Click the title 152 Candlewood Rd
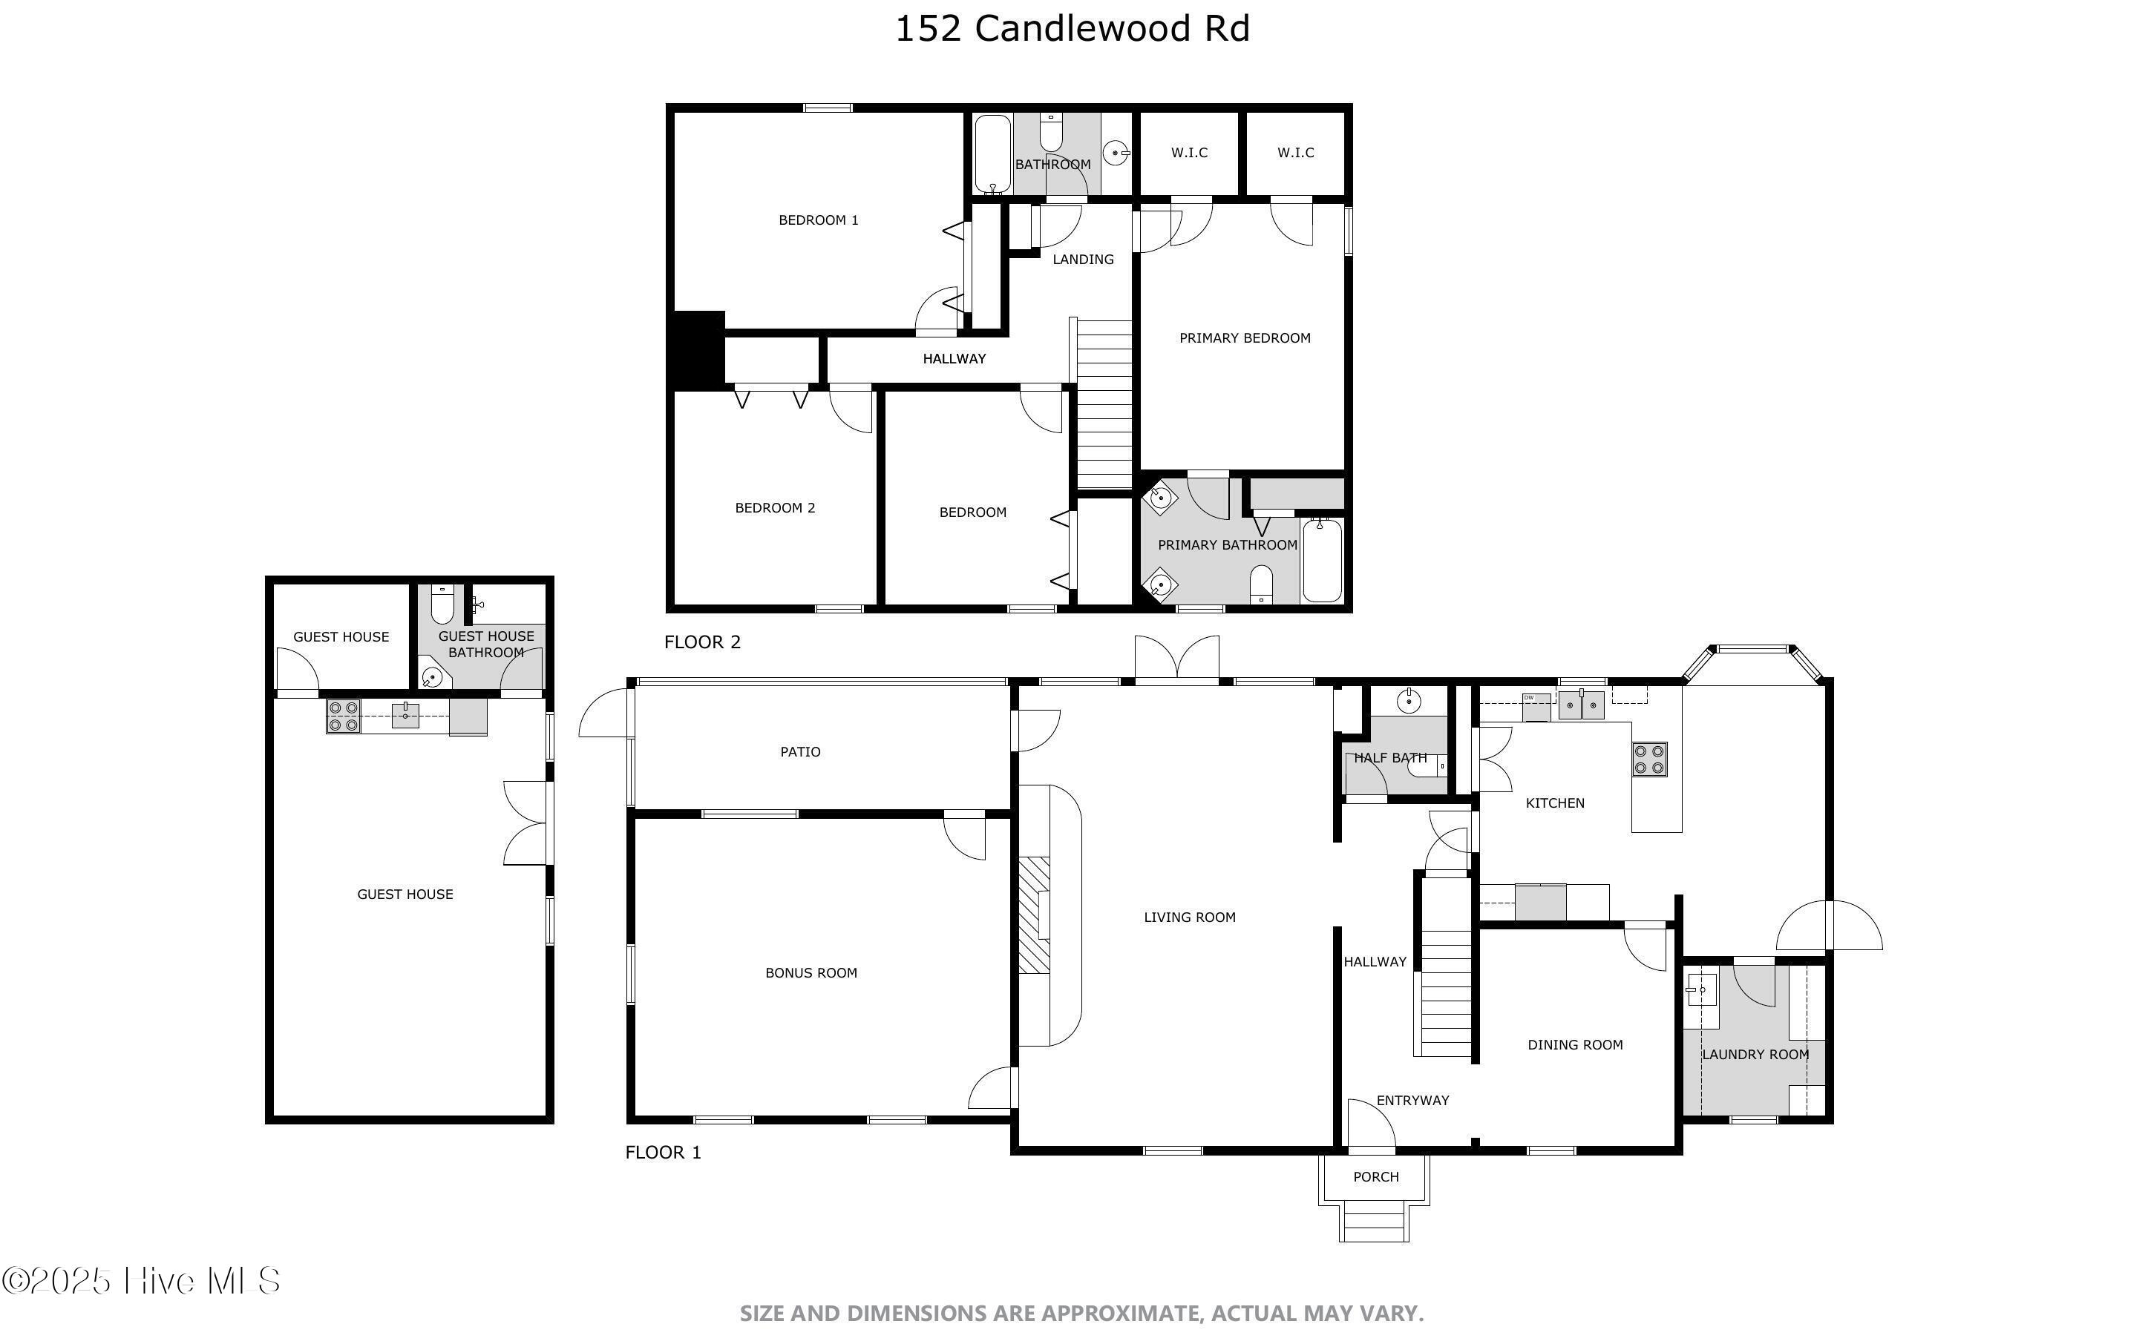1072,28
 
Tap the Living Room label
1189,917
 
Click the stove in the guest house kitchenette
344,716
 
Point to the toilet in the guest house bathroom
442,605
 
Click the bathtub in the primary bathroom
1322,561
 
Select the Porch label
1375,1177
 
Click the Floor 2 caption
702,642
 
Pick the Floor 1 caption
663,1152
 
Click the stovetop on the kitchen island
1649,760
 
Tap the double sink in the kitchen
1581,707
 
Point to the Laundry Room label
1754,1055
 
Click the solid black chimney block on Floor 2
698,350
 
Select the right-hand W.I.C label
1295,153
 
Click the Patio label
799,752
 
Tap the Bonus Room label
811,973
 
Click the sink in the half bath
1409,702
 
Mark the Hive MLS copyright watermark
142,1281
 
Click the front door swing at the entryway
1370,1124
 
